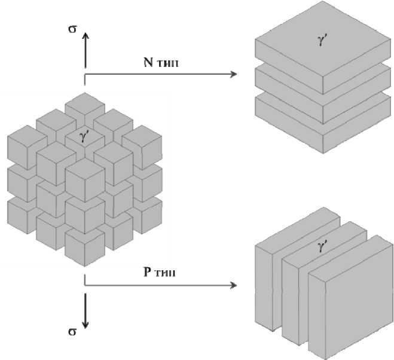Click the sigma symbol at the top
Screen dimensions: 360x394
(x=72, y=28)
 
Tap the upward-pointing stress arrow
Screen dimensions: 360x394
(x=85, y=50)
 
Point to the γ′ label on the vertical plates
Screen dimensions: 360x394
(x=323, y=246)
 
